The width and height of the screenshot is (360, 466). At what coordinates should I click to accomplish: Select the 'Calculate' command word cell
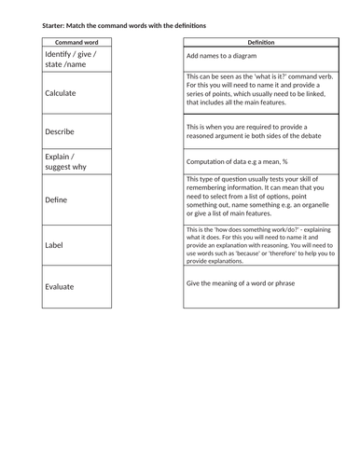[x=61, y=93]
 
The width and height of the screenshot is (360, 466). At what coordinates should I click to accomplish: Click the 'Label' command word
[x=54, y=245]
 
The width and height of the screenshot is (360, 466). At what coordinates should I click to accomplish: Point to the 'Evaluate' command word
[x=62, y=287]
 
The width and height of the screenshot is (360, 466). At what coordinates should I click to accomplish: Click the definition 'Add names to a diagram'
[x=222, y=56]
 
